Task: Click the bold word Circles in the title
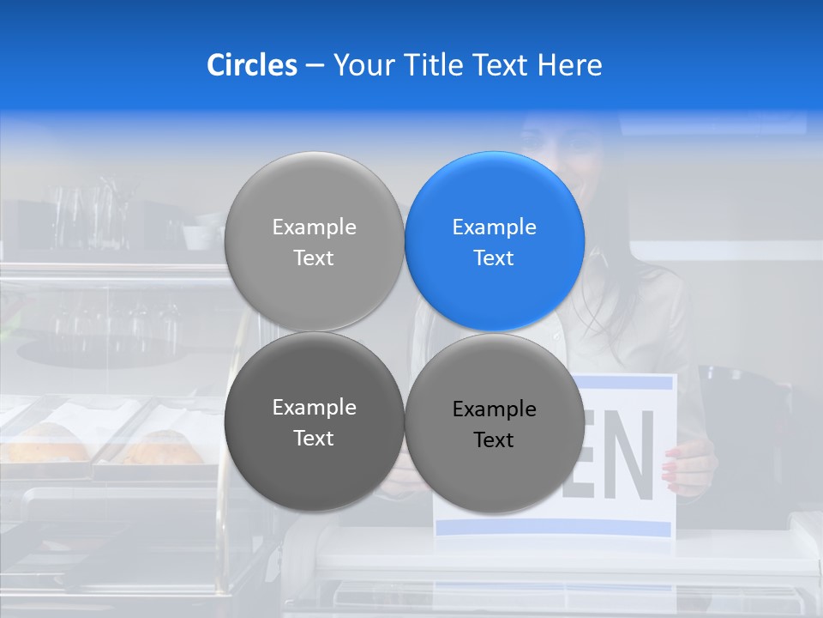(x=251, y=65)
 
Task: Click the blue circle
(x=495, y=241)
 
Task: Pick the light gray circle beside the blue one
(x=314, y=241)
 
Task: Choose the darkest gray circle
(x=314, y=421)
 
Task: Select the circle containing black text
(x=495, y=423)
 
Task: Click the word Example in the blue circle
(x=494, y=227)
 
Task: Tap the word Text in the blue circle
(x=494, y=257)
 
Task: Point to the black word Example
(x=494, y=409)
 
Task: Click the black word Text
(x=494, y=440)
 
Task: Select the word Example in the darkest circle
(x=314, y=408)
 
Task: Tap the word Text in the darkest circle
(x=314, y=438)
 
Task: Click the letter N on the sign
(x=634, y=455)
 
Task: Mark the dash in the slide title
(x=315, y=66)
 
